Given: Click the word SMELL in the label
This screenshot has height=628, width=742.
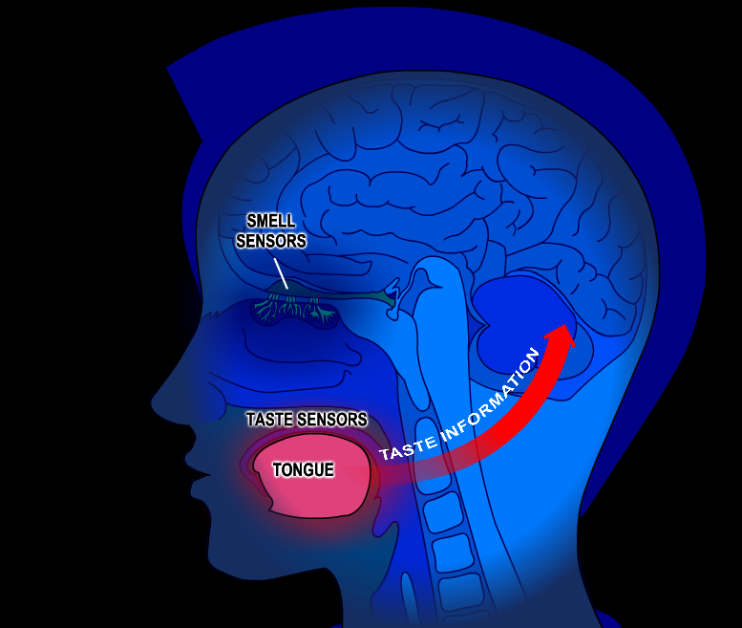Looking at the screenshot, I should [x=271, y=222].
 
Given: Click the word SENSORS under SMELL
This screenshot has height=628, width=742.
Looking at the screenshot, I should [x=271, y=241].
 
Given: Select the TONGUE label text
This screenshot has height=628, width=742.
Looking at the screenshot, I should [x=303, y=469].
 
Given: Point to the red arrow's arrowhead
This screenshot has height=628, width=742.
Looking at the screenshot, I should [x=563, y=335].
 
